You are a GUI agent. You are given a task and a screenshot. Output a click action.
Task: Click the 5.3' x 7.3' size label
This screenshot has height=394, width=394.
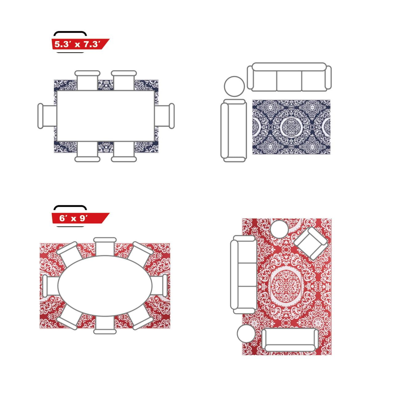point(78,44)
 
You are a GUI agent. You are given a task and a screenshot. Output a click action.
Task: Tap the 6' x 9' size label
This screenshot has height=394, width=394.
point(74,218)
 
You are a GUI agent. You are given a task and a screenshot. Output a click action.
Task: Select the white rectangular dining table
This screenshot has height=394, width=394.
point(106,116)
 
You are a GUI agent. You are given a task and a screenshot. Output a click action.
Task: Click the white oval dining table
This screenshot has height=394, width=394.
point(105,286)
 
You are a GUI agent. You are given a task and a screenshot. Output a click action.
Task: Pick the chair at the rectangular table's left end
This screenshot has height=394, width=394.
point(47,116)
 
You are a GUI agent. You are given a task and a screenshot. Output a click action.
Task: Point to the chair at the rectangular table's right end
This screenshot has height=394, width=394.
point(164,116)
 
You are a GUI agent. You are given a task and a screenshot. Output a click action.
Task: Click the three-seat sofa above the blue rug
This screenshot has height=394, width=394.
point(289,77)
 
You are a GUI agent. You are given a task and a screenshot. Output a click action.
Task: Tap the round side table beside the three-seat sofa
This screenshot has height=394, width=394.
point(234,86)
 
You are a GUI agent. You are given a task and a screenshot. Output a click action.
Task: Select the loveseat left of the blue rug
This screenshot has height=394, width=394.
point(234,131)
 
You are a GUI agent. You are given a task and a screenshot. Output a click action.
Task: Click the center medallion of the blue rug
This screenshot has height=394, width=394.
point(291,127)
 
